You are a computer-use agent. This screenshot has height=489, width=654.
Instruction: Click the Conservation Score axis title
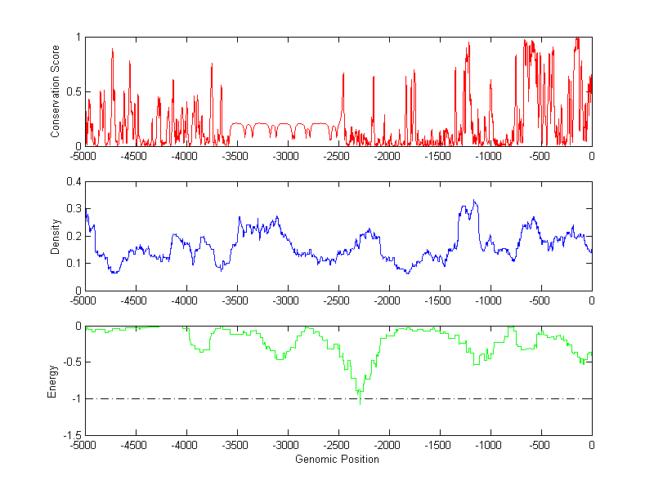[56, 91]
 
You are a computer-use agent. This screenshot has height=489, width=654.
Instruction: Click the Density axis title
[56, 236]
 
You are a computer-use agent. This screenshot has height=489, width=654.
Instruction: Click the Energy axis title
[52, 381]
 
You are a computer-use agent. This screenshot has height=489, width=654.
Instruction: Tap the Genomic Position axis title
[337, 460]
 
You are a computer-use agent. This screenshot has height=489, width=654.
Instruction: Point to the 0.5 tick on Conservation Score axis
[74, 91]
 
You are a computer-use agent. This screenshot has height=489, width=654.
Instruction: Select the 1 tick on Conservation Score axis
[78, 38]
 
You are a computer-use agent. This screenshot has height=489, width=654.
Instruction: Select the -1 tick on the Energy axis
[75, 398]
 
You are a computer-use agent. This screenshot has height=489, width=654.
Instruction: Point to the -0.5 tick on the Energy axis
[70, 362]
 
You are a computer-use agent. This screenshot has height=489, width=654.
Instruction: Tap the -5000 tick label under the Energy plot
[84, 446]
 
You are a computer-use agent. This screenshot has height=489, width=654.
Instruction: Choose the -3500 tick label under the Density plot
[236, 300]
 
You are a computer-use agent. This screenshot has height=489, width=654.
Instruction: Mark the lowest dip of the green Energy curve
[360, 403]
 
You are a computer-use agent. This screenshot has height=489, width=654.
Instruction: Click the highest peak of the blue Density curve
[474, 200]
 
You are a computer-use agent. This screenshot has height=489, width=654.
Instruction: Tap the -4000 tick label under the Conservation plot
[186, 156]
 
